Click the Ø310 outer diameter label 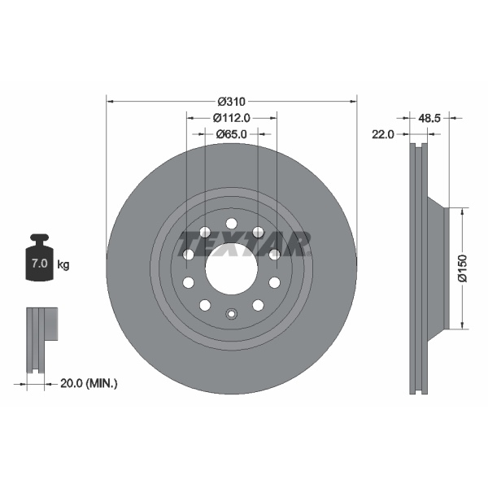[x=231, y=102]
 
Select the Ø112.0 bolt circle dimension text [x=231, y=117]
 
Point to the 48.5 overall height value [x=429, y=118]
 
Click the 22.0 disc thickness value [x=382, y=134]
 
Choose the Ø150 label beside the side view [x=461, y=268]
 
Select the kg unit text [x=63, y=265]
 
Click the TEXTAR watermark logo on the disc [x=244, y=242]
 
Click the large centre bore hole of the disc [x=231, y=268]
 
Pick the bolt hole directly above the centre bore [x=231, y=224]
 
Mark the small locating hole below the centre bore [x=231, y=315]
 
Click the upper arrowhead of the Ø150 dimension [x=463, y=210]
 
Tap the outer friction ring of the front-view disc [x=130, y=268]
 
